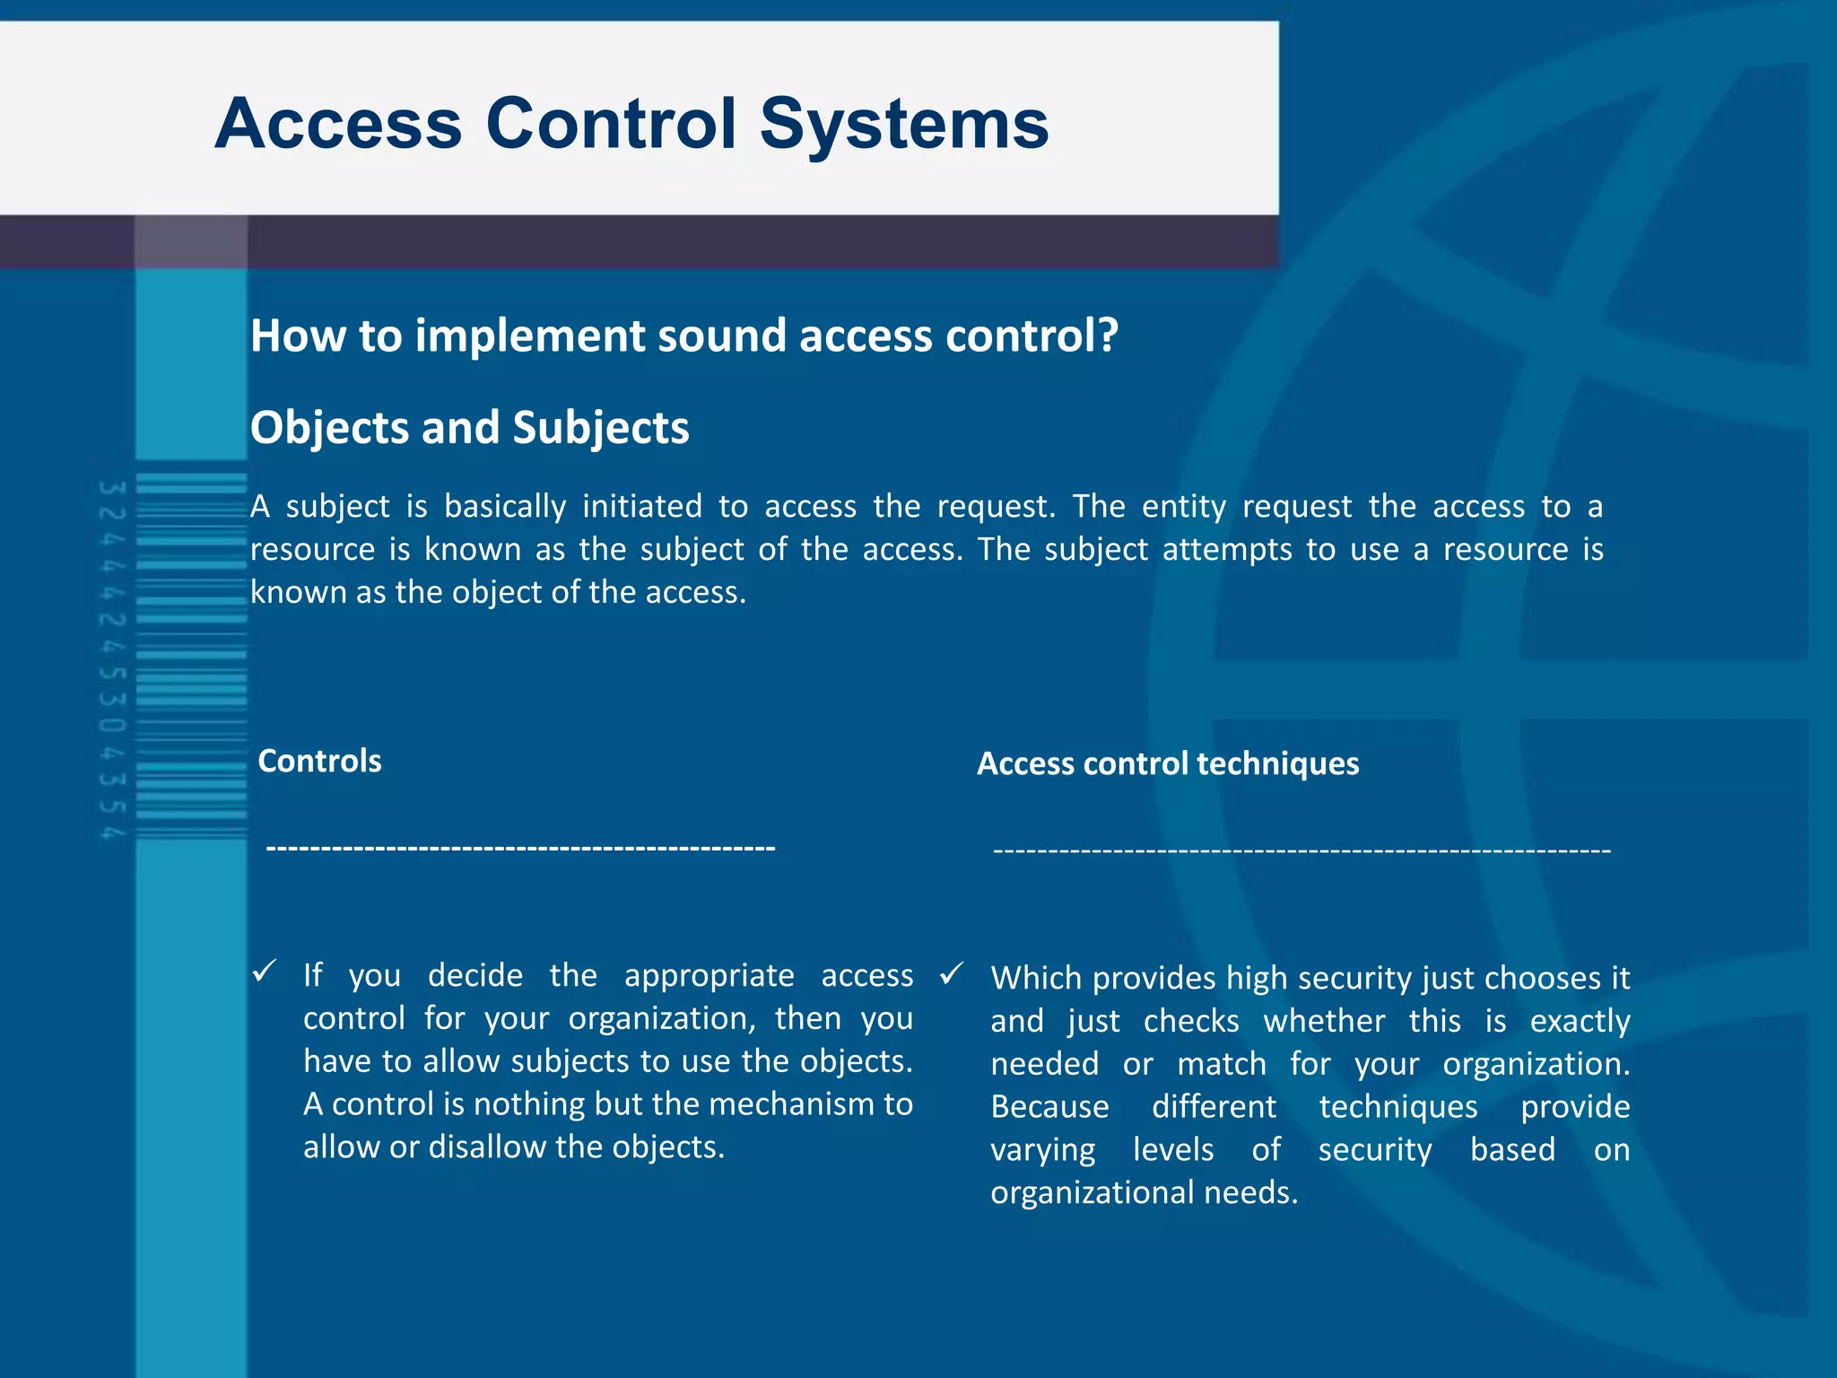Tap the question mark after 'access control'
click(x=1108, y=336)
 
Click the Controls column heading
click(x=319, y=761)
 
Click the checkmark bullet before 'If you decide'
click(x=264, y=971)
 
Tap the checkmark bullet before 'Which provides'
click(x=952, y=973)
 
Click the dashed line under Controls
click(x=520, y=848)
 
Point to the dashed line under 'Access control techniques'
click(x=1302, y=850)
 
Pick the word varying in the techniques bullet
click(x=1042, y=1150)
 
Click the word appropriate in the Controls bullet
click(x=709, y=975)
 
